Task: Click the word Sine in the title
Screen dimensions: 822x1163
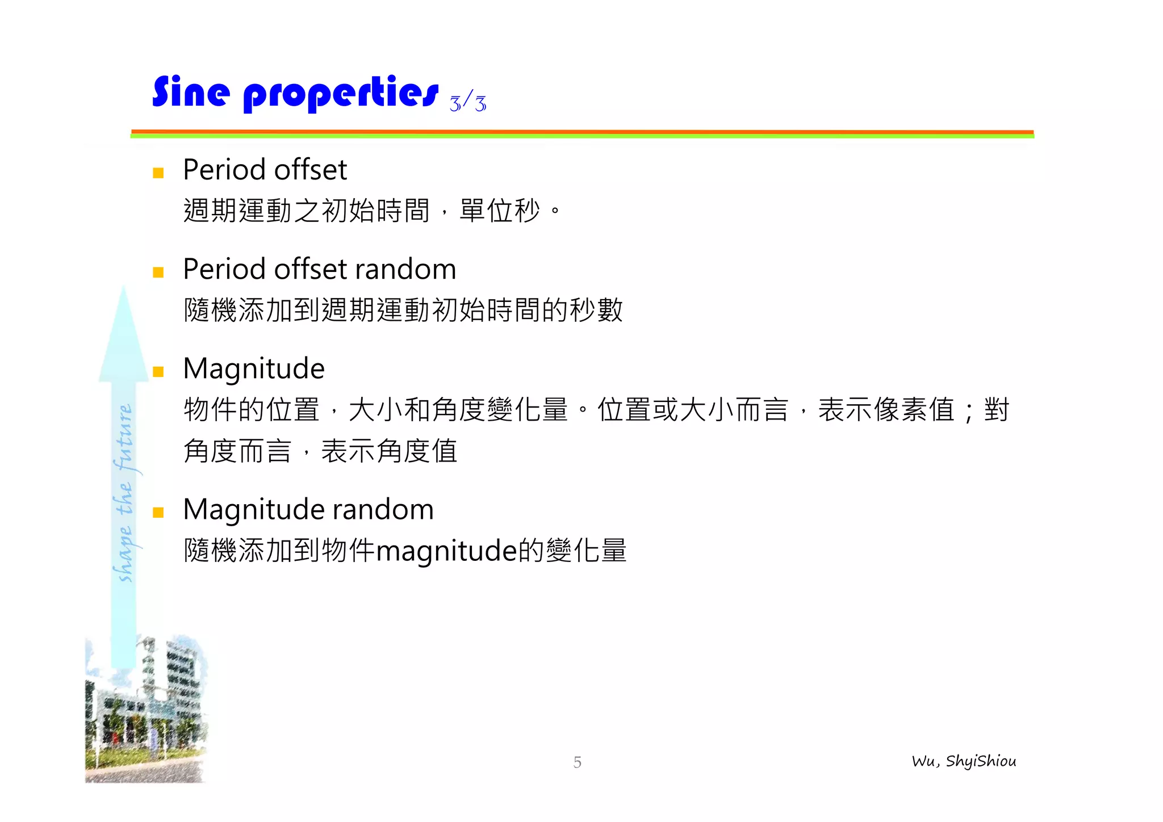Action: click(x=191, y=92)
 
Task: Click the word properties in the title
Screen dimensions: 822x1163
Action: click(x=341, y=94)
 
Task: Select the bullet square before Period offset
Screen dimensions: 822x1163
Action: click(x=158, y=173)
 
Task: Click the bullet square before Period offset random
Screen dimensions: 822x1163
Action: click(x=158, y=272)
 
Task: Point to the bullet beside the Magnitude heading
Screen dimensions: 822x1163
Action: click(x=158, y=372)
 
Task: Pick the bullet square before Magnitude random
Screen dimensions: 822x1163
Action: click(x=158, y=513)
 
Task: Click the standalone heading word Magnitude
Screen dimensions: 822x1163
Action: click(x=254, y=369)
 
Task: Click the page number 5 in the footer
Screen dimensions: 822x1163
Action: click(x=577, y=762)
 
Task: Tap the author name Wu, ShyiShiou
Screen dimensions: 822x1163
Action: click(x=964, y=761)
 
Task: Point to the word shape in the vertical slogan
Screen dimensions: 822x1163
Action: click(x=125, y=554)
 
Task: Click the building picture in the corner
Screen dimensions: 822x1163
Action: click(x=145, y=710)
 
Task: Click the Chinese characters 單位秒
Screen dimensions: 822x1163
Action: click(x=499, y=211)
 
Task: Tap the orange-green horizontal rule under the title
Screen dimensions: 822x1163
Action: click(x=582, y=134)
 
